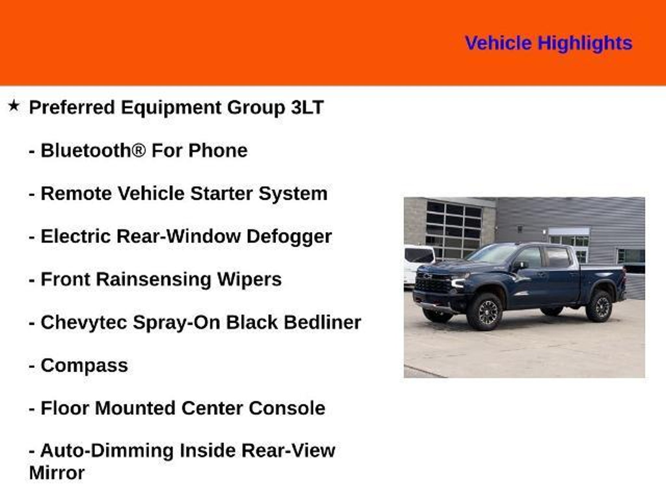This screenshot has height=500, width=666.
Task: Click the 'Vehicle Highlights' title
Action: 549,43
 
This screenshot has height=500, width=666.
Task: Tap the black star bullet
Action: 14,105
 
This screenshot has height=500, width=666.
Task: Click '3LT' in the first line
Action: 307,107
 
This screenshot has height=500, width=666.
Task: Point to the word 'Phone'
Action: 218,150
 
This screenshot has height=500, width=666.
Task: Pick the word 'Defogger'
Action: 289,237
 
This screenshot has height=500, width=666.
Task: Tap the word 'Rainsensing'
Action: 153,280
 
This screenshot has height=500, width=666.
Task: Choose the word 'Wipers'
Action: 249,280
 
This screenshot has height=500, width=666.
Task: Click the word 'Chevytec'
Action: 84,323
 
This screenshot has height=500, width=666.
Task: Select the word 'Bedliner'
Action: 323,322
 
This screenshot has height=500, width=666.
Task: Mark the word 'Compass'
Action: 84,366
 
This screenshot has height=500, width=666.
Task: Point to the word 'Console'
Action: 287,408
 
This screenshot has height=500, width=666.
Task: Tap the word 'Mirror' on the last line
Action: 57,473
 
